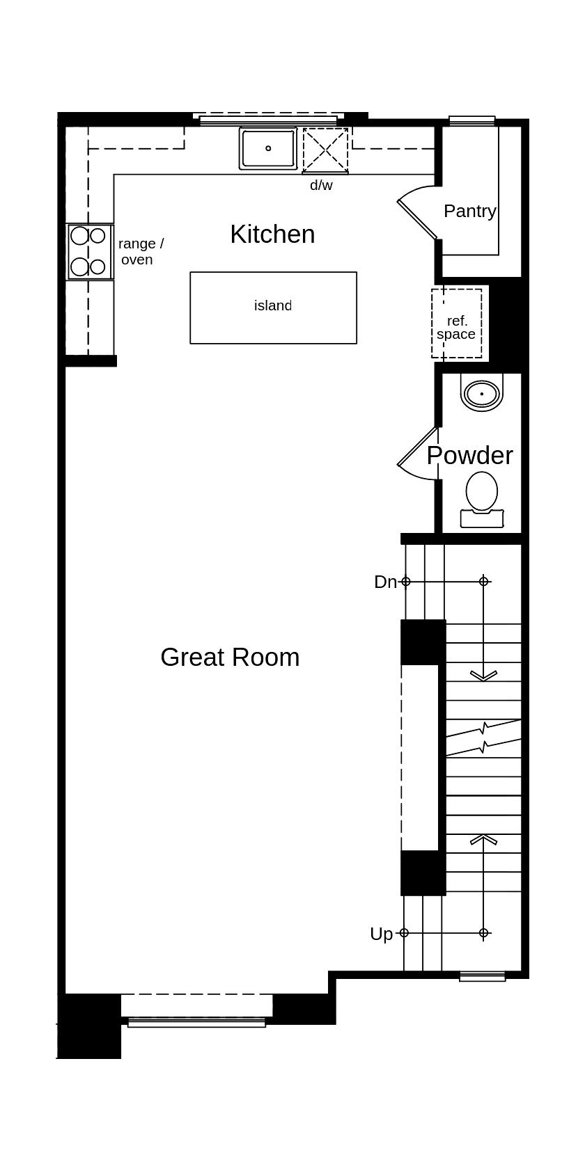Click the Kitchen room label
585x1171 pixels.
272,234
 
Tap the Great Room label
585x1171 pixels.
230,658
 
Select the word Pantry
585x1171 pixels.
469,211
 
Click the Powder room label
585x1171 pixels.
469,456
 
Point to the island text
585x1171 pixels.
272,305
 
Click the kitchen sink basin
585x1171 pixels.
268,148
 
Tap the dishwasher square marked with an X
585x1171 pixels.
325,150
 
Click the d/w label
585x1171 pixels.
321,186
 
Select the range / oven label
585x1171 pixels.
140,251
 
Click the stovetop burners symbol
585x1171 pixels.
90,251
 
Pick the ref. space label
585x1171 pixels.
456,327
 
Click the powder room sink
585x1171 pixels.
481,394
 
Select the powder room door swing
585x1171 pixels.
418,456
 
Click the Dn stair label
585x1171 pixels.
384,582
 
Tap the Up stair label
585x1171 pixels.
381,934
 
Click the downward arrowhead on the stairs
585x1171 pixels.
483,675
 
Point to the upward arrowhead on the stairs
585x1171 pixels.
483,839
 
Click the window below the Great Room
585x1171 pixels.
196,1022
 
